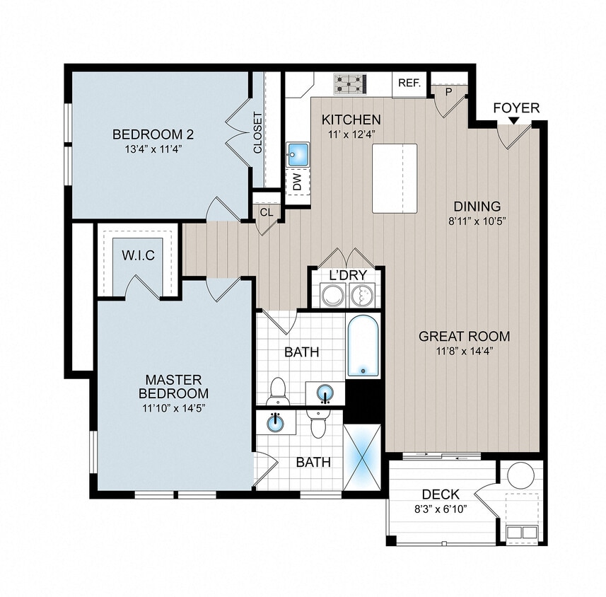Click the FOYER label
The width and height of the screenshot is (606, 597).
(515, 108)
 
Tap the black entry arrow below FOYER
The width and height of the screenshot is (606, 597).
(513, 121)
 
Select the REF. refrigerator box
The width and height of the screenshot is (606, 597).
(409, 83)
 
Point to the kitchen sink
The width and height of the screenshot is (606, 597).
(298, 153)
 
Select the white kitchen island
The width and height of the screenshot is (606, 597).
(395, 178)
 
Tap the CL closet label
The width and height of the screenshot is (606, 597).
(267, 212)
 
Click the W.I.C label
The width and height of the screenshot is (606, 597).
(138, 254)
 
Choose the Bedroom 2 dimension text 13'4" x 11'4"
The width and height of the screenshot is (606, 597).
(153, 149)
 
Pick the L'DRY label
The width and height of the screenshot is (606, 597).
(346, 274)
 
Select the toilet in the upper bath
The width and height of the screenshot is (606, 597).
(279, 390)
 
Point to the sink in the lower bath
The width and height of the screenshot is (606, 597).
(276, 423)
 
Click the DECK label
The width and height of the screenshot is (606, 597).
(441, 494)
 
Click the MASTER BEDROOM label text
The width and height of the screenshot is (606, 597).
(173, 386)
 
